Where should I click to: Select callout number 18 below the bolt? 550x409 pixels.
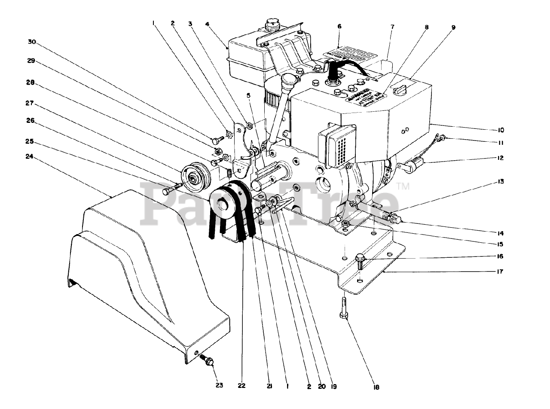point(376,387)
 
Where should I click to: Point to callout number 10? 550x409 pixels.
point(501,130)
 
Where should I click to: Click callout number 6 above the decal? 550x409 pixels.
point(339,27)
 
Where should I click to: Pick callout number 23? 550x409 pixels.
point(219,385)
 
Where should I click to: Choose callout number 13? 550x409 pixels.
point(501,182)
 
